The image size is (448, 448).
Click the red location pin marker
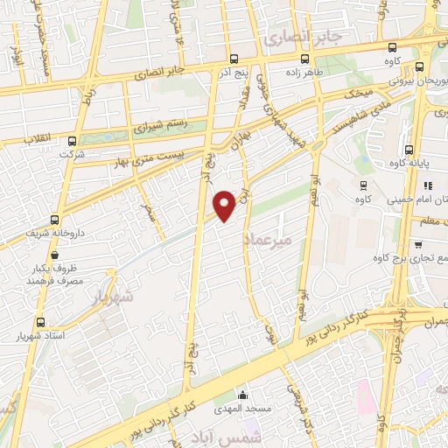coord(226,206)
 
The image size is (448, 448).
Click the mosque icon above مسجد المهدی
coord(241,394)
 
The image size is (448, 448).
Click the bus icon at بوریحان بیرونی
coord(421,66)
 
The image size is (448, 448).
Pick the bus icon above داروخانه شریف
coord(55,220)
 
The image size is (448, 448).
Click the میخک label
coord(360,91)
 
